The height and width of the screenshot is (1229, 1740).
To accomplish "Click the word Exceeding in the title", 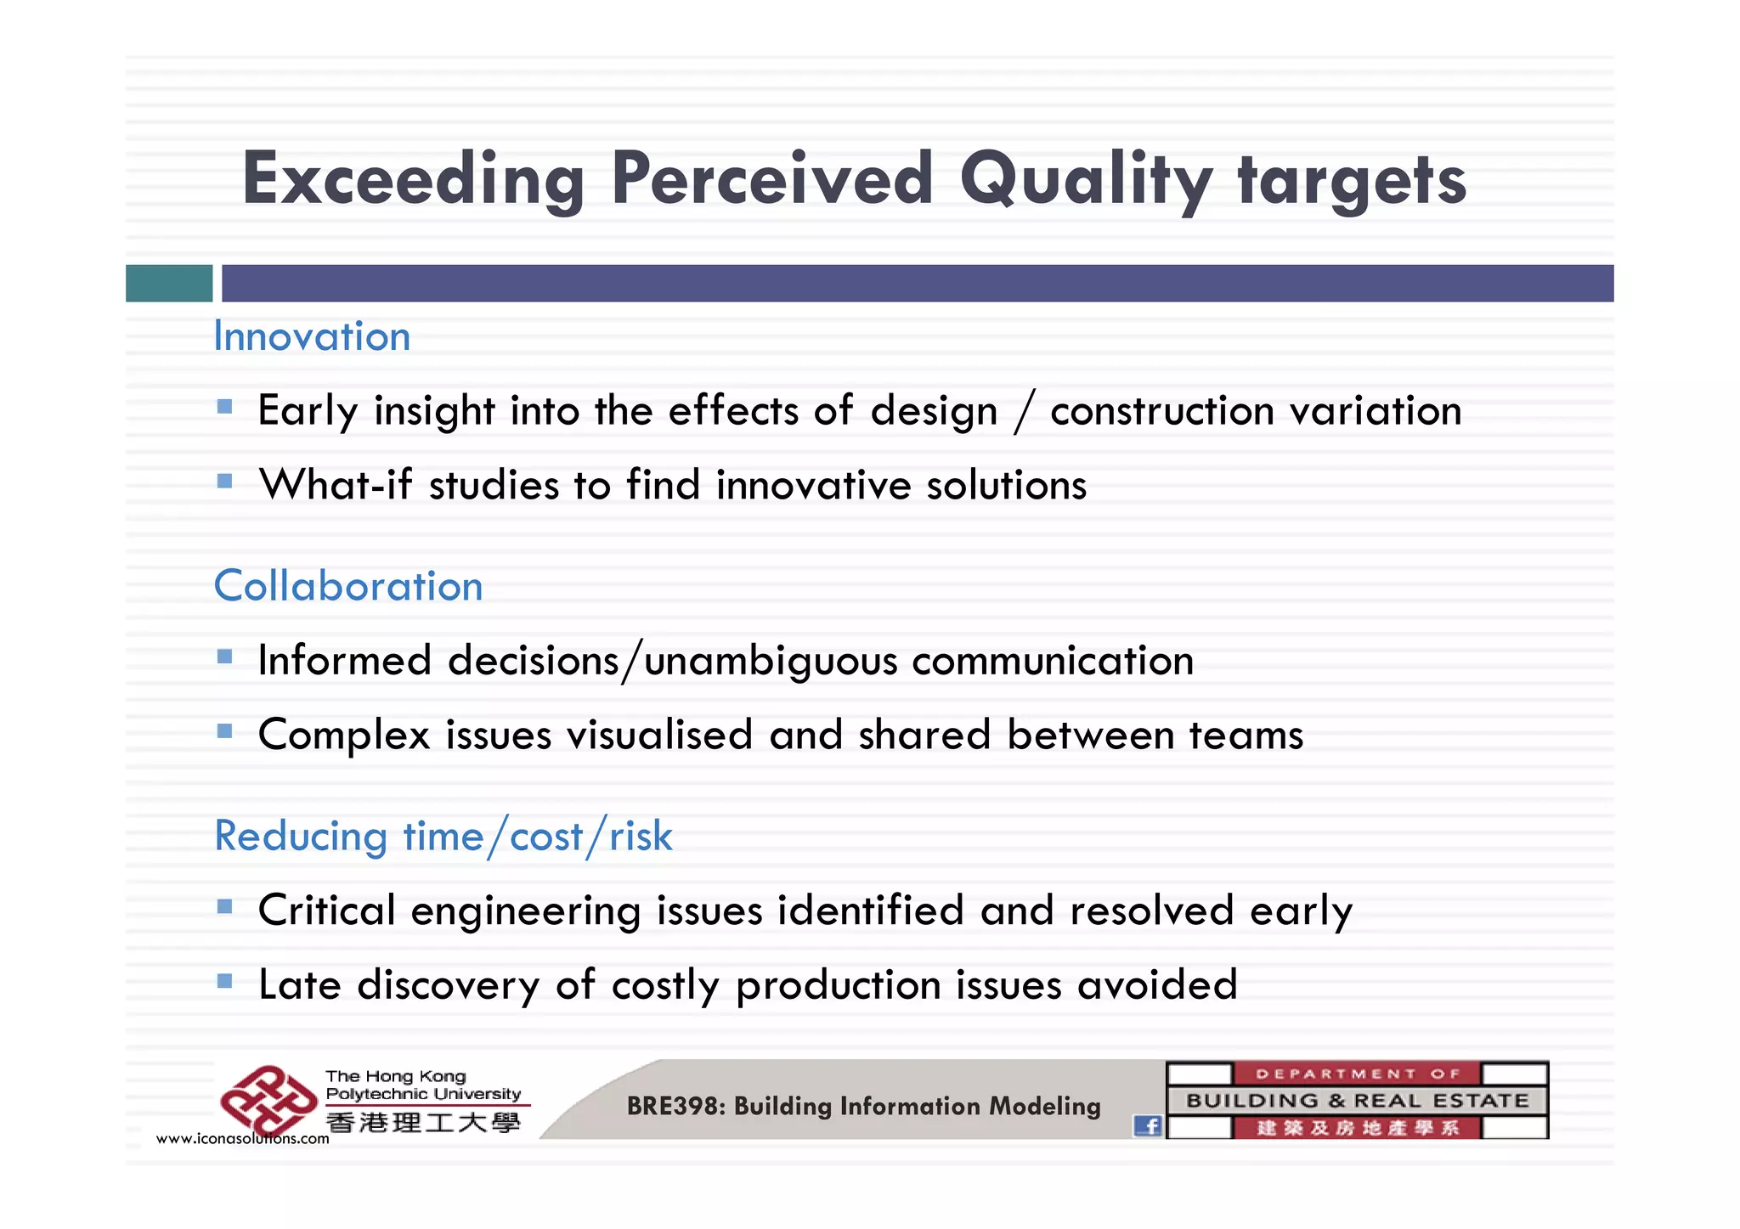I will click(413, 180).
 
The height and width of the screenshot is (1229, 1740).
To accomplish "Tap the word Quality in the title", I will click(1086, 180).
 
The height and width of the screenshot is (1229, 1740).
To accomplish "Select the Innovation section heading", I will click(312, 336).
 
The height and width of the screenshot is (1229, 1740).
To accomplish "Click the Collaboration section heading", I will click(348, 586).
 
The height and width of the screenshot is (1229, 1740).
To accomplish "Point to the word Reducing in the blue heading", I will click(301, 837).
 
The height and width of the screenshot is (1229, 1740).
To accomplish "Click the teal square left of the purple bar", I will click(169, 283).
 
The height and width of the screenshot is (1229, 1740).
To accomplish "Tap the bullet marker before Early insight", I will click(224, 407).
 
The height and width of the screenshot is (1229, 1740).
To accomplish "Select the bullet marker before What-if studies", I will click(224, 482).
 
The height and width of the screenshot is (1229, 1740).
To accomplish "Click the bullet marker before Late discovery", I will click(224, 981).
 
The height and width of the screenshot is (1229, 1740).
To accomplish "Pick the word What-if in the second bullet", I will click(336, 485).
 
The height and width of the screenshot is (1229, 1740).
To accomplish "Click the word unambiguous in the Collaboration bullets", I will click(771, 662).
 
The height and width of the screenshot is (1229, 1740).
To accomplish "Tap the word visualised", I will click(659, 735).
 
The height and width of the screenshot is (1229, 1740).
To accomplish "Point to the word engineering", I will click(525, 911).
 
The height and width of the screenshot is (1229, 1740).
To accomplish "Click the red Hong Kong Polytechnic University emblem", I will click(268, 1102).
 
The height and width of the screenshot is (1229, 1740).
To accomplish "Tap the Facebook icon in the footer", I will click(1148, 1126).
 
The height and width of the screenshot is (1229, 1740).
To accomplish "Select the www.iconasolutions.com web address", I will click(242, 1139).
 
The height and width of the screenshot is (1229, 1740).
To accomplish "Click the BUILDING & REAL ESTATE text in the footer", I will click(1357, 1101).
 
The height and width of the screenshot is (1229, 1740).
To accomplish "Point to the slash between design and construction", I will click(1025, 411).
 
